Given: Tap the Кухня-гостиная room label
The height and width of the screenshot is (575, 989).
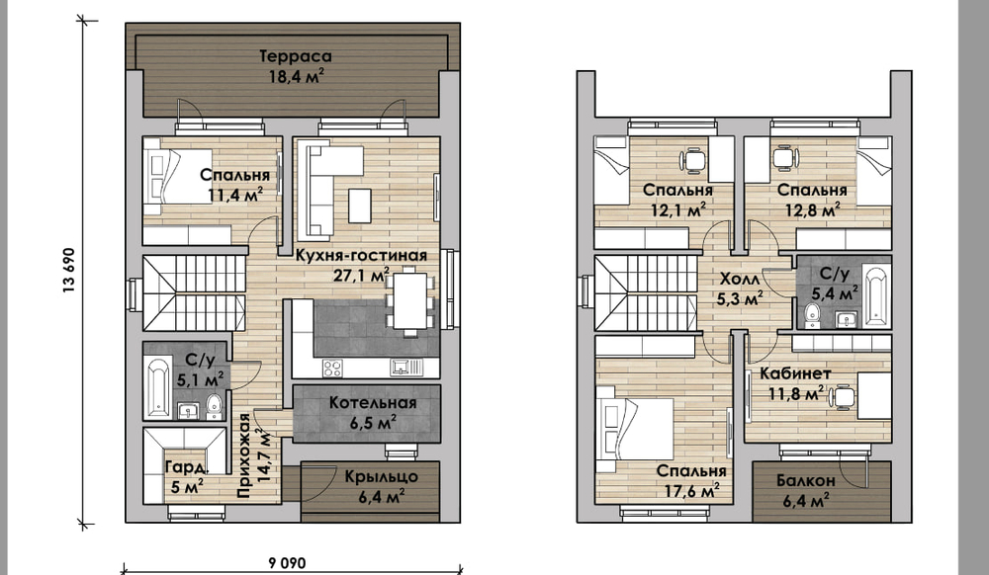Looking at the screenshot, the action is [x=361, y=255].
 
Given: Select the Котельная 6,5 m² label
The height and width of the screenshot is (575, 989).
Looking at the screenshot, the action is [x=372, y=413].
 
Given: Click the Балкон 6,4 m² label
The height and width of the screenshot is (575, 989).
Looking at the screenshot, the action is [x=805, y=491].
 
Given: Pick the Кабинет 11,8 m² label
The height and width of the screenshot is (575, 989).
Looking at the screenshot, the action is [x=795, y=383].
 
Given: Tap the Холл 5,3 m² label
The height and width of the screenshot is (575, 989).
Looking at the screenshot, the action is [x=741, y=287].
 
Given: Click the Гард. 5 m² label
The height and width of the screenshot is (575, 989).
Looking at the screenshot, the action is [x=185, y=477].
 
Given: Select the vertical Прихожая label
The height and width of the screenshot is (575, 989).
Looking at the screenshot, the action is [x=244, y=454].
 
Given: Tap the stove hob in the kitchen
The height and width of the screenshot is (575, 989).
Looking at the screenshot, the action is [x=332, y=368].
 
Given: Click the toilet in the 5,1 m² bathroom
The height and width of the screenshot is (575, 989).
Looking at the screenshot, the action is [x=215, y=406].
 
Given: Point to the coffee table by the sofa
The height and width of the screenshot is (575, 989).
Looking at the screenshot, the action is [x=360, y=205].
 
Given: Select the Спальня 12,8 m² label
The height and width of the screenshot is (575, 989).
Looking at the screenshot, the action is [x=812, y=200].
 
